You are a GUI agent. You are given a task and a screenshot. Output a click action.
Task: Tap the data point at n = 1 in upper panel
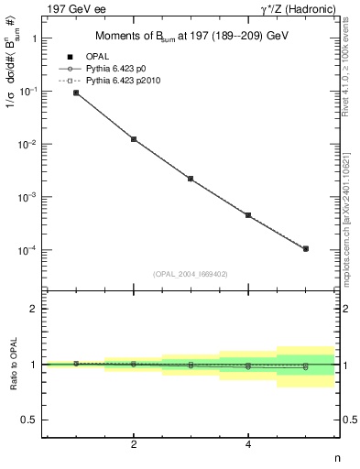click(76, 93)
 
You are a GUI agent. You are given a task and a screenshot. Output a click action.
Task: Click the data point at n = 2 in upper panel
click(134, 139)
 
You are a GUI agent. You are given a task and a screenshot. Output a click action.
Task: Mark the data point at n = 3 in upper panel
click(191, 179)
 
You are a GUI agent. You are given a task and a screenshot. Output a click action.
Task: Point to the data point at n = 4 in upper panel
click(248, 215)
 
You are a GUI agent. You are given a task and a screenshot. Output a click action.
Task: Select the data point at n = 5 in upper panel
click(305, 248)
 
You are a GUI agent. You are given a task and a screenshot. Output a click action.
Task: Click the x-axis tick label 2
click(134, 445)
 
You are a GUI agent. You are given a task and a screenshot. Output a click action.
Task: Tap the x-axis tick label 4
click(248, 445)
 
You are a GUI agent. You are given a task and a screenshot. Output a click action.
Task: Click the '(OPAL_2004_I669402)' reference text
click(191, 272)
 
